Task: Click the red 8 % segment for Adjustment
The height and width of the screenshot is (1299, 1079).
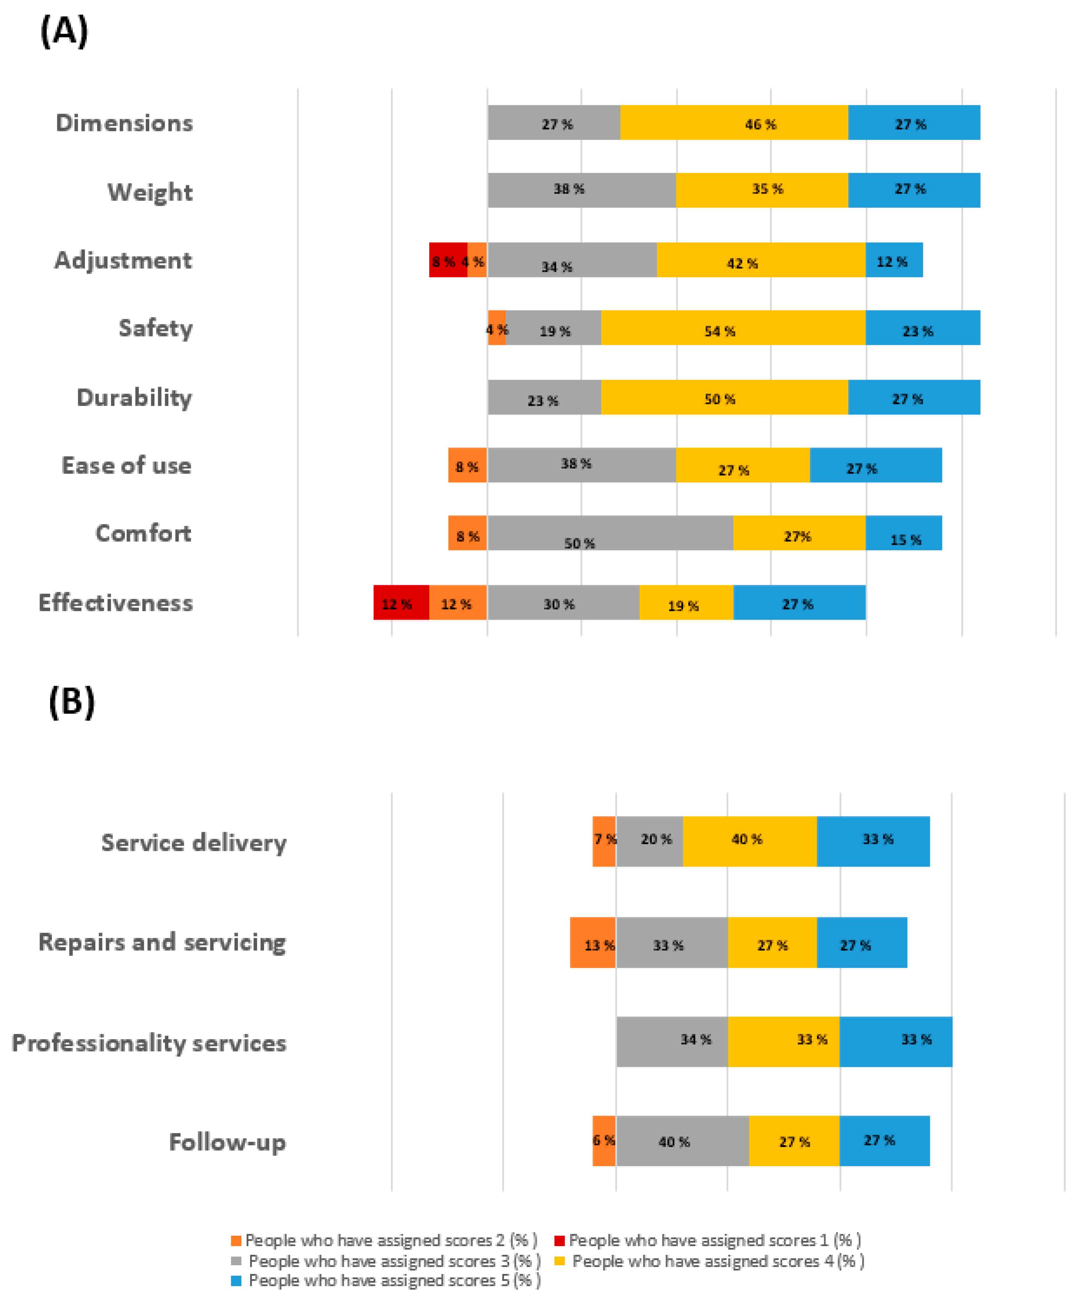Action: coord(448,260)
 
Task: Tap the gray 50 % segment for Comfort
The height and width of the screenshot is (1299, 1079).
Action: coord(610,533)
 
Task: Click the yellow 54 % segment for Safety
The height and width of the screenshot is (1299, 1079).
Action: coord(733,328)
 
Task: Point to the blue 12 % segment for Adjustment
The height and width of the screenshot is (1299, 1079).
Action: coord(894,260)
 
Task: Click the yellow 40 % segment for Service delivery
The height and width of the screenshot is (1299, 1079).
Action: coord(750,841)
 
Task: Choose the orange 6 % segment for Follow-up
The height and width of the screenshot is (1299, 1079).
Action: coord(604,1141)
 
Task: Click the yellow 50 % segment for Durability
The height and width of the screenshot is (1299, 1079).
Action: coord(724,397)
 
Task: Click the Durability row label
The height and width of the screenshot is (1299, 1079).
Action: coord(134,397)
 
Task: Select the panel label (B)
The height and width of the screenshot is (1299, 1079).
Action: coord(72,702)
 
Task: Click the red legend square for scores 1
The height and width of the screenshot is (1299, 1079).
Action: coord(559,1240)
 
